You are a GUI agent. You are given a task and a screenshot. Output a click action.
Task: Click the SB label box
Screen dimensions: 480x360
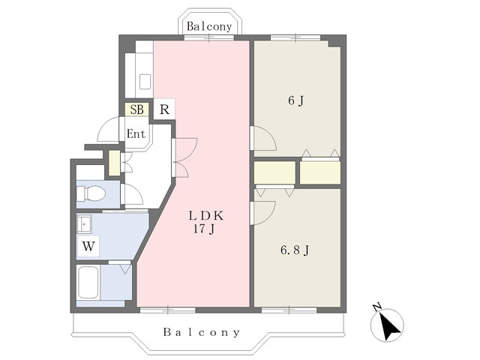coord(136,109)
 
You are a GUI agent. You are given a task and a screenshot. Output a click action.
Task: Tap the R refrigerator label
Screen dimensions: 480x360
coord(164,109)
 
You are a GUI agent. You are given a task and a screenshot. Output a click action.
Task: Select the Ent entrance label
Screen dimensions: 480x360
coord(136,133)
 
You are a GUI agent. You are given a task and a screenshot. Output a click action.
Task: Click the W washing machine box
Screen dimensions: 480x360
coord(88,246)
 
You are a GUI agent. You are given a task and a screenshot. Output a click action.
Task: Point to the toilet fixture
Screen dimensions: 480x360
coord(91,193)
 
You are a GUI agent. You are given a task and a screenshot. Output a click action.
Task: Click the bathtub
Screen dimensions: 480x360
coord(88,282)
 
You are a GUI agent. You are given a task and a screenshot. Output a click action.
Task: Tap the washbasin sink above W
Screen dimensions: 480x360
coord(84,224)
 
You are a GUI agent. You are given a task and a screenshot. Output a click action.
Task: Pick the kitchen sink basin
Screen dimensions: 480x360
coord(145,82)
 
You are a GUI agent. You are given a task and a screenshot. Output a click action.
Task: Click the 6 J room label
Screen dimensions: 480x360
coord(295,100)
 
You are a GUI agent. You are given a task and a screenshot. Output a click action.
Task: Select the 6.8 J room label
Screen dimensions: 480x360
coord(295,250)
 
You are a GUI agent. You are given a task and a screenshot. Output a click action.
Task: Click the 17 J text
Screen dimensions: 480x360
coord(203,228)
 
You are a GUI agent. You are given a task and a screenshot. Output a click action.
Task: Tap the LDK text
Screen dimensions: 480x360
coord(206,216)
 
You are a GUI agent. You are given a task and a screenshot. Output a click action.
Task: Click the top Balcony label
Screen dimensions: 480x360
coord(209,27)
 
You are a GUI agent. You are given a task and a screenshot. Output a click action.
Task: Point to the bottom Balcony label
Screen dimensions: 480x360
coord(202,332)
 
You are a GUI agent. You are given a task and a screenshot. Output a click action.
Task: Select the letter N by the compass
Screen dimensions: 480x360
coord(376,306)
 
